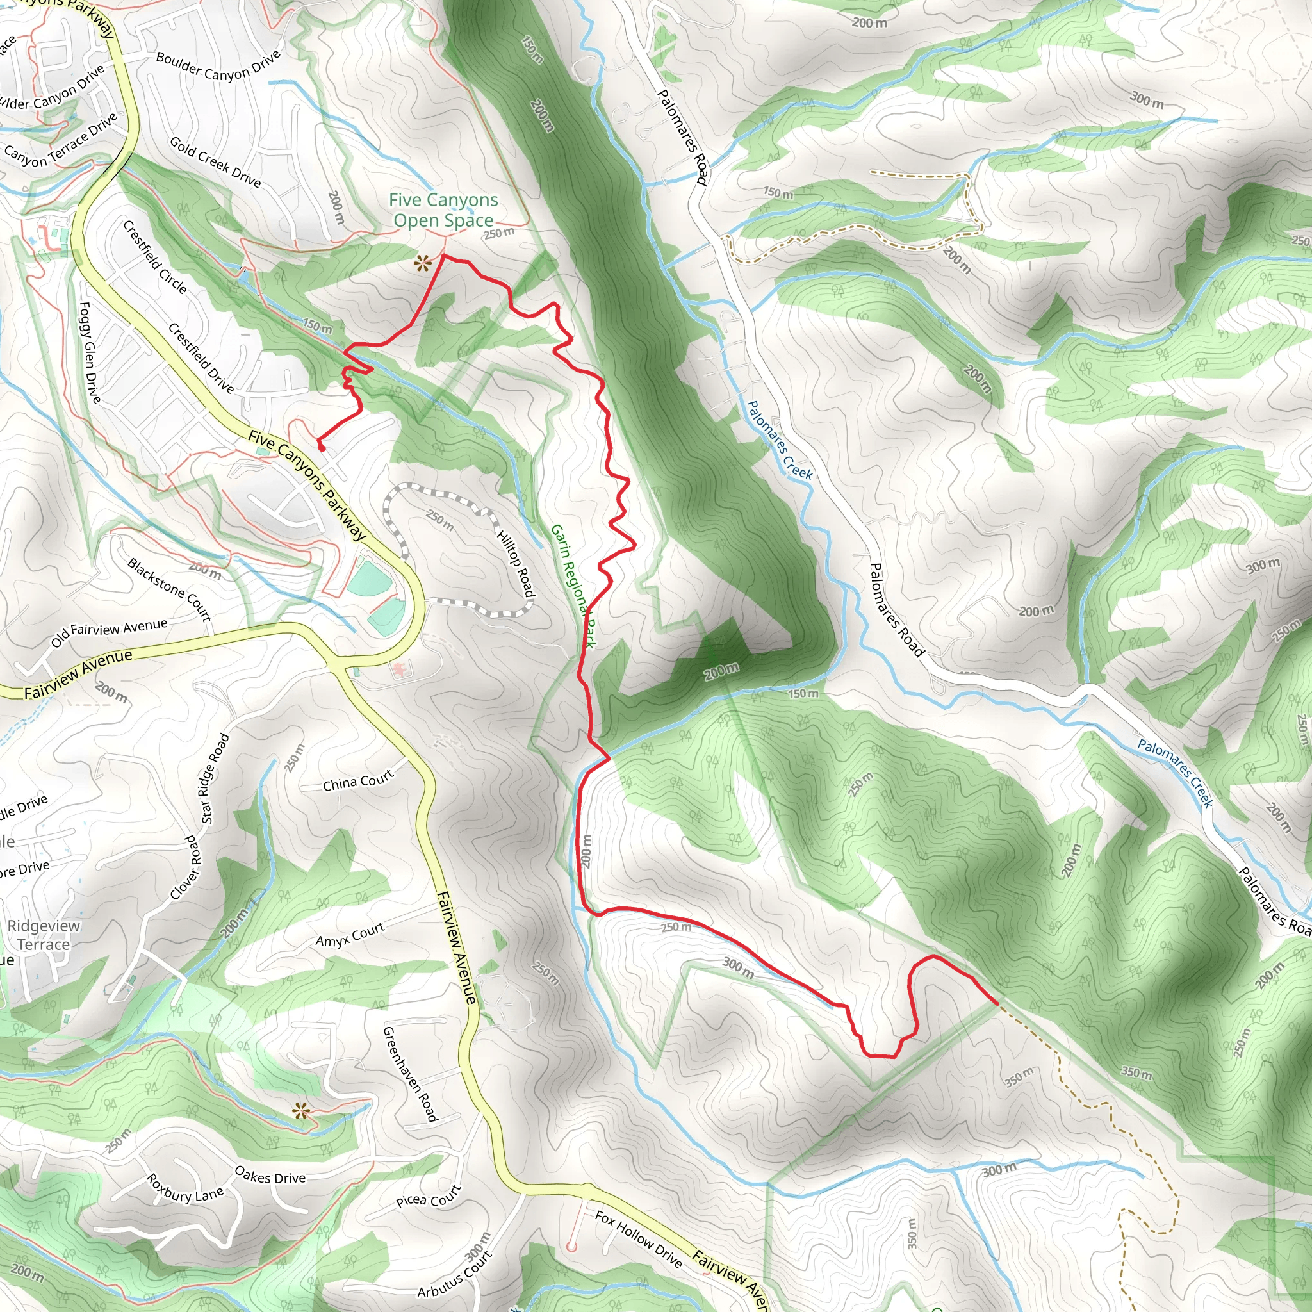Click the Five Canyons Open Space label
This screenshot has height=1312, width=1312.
click(443, 210)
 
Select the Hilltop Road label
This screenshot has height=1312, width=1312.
click(516, 564)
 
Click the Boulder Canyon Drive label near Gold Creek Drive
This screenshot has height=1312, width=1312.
click(218, 66)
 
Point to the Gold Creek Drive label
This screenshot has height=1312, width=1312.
click(215, 161)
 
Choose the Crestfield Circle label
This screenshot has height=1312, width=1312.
click(155, 257)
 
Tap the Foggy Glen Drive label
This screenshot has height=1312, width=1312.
click(90, 352)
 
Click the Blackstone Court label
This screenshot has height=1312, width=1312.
click(170, 589)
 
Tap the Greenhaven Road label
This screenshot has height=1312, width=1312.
click(410, 1074)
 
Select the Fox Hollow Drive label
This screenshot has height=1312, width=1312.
click(638, 1239)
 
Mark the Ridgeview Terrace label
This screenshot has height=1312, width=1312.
click(44, 935)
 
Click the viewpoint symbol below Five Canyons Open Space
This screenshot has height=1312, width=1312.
click(423, 263)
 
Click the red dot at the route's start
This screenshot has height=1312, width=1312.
click(321, 448)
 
